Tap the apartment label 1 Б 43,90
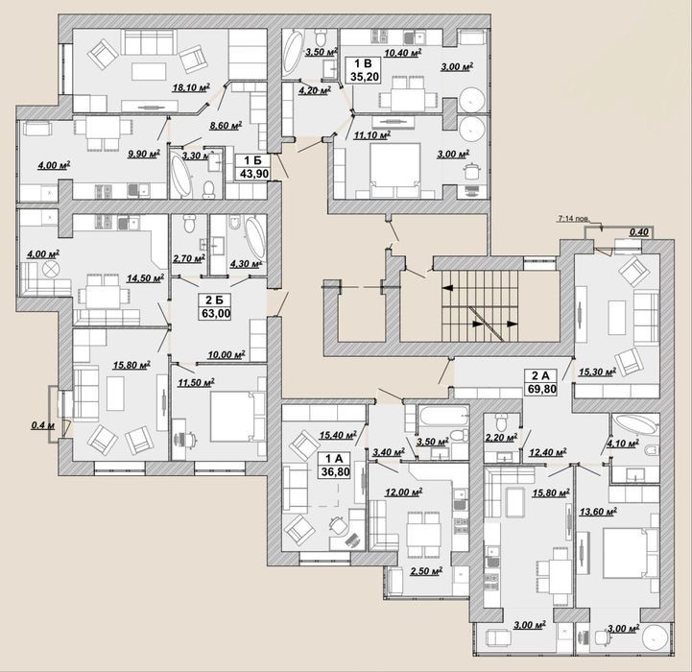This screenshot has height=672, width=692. (x=253, y=167)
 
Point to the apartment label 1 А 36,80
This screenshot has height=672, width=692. (x=335, y=466)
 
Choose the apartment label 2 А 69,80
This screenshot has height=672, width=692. (x=541, y=382)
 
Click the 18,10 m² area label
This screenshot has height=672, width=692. (x=191, y=87)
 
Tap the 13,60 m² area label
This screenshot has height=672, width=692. (x=598, y=512)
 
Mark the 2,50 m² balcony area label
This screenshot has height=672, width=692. (x=426, y=571)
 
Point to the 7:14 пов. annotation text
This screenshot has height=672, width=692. (x=573, y=219)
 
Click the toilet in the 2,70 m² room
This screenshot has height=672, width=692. (x=189, y=224)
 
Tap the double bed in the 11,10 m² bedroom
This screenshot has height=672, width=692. (x=395, y=170)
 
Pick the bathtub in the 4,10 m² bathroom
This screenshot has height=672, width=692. (x=635, y=424)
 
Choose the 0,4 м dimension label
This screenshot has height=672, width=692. (x=43, y=425)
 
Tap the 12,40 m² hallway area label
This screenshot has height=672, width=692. (x=548, y=452)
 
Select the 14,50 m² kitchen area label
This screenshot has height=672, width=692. (x=145, y=278)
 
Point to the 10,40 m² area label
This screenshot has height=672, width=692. (x=402, y=54)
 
